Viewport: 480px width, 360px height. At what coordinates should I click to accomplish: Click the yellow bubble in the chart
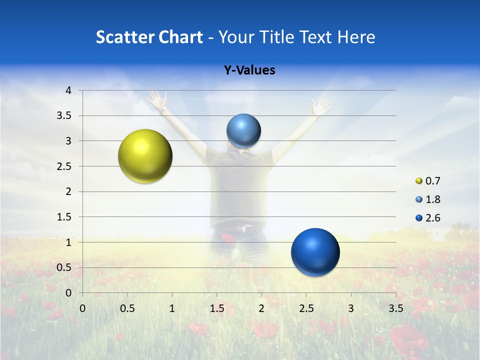(x=145, y=156)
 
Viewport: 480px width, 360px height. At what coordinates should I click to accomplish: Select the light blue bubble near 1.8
(x=243, y=130)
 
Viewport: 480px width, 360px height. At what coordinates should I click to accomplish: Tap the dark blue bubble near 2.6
(x=315, y=252)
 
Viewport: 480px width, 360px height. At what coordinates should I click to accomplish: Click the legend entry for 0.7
(x=428, y=180)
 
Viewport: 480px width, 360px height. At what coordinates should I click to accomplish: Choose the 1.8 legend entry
(x=428, y=199)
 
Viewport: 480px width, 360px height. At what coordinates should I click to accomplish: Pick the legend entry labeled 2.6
(x=428, y=217)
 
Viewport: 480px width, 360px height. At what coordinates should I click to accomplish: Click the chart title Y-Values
(x=249, y=70)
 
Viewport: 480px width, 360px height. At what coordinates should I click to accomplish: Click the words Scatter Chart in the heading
(x=149, y=37)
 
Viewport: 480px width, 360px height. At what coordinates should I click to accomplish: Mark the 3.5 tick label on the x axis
(x=395, y=308)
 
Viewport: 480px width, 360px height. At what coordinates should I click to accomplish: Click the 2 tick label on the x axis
(x=261, y=308)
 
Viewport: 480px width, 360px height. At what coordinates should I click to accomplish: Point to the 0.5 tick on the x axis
(x=127, y=308)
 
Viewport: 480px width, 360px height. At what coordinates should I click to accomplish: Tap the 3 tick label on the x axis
(x=351, y=308)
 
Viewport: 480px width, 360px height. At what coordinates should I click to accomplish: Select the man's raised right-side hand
(x=319, y=106)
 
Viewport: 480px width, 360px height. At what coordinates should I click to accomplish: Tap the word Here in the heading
(x=356, y=37)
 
